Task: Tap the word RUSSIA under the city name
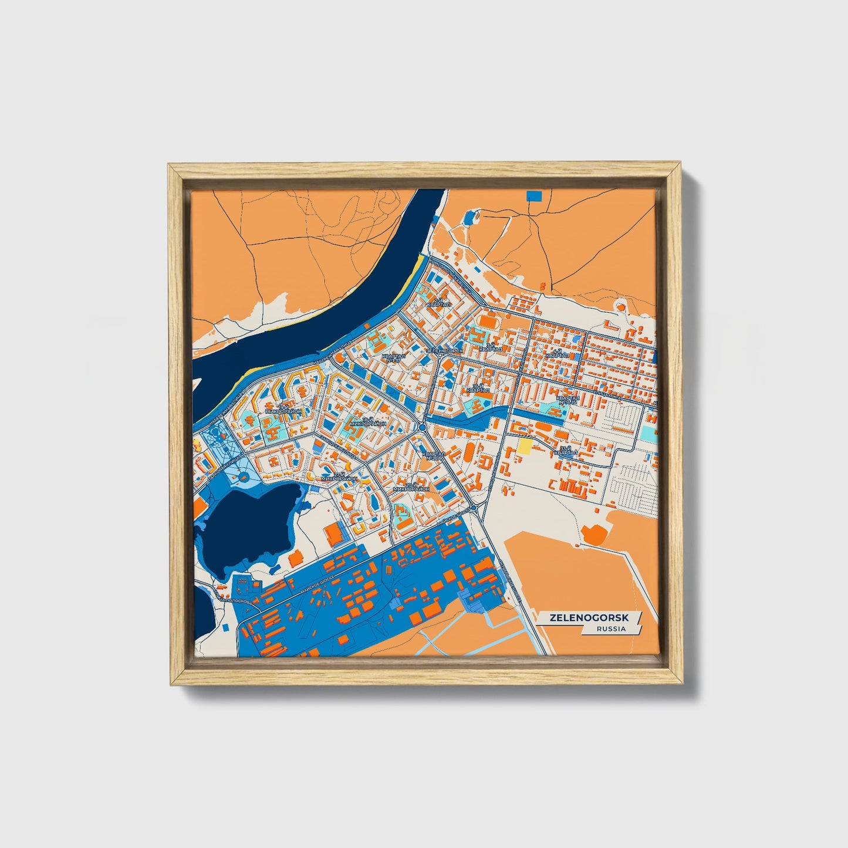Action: [x=611, y=629]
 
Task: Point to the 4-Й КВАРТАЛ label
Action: [x=557, y=354]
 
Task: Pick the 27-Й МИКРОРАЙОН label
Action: [x=339, y=477]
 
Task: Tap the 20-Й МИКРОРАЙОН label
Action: [x=411, y=486]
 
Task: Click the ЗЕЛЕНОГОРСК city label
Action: [x=444, y=350]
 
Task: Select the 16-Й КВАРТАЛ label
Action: [x=478, y=388]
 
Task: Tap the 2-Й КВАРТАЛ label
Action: [x=438, y=303]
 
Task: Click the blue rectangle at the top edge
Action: [x=535, y=195]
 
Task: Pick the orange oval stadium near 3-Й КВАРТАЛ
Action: [x=487, y=322]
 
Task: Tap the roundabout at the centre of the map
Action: [x=422, y=428]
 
